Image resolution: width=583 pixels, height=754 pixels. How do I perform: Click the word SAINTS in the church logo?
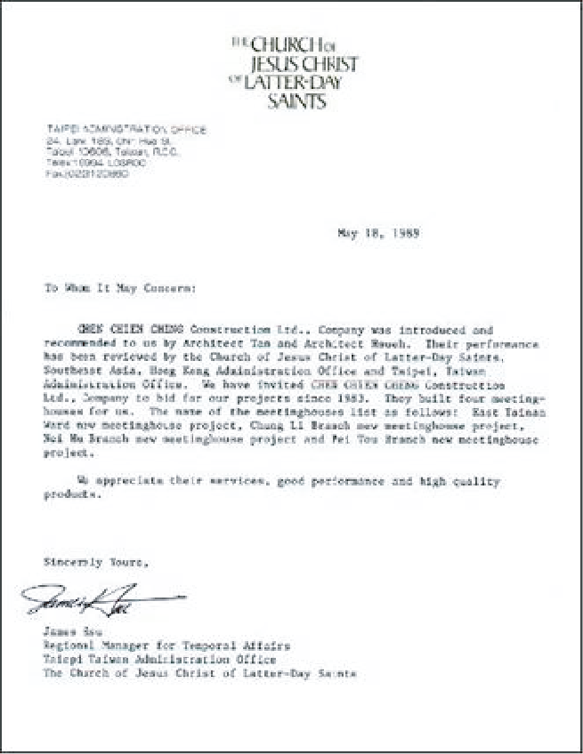point(296,101)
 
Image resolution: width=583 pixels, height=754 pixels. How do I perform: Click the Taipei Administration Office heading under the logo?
point(126,130)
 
